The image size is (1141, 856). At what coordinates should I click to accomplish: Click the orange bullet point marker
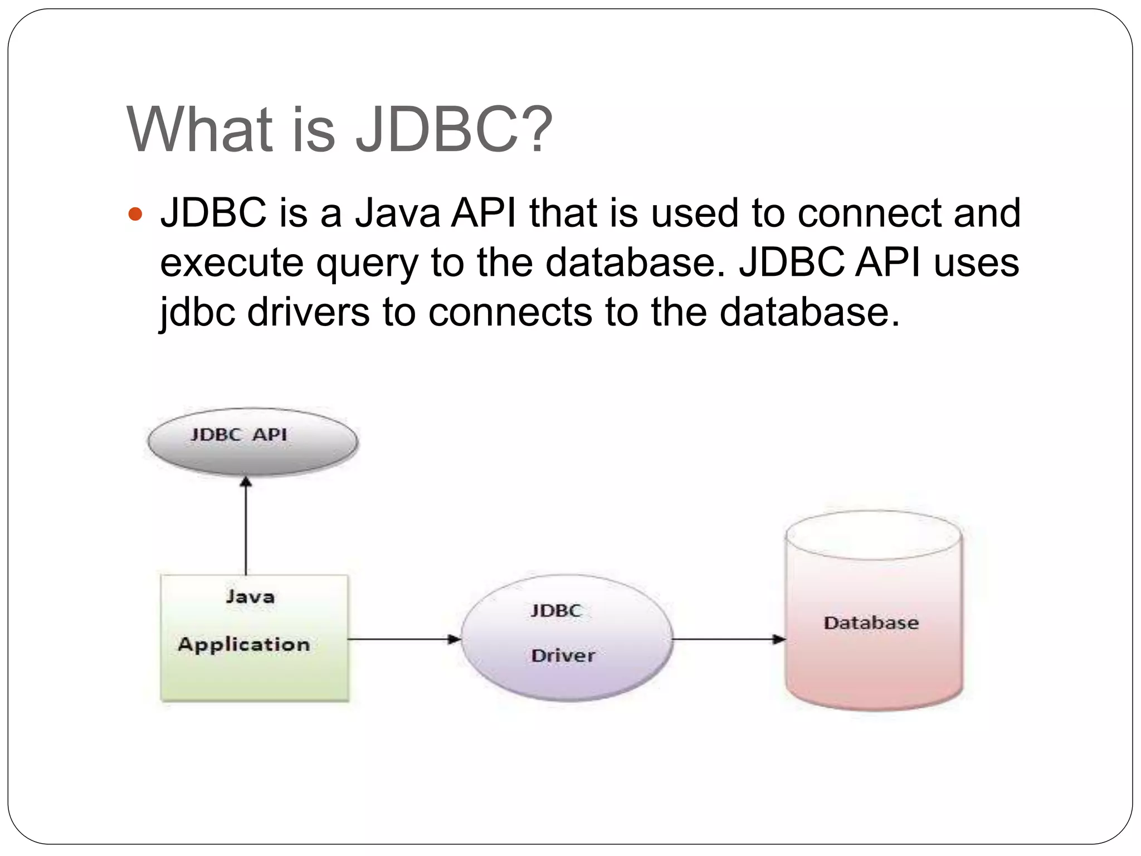click(x=135, y=214)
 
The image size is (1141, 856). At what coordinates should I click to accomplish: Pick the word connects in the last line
click(x=510, y=312)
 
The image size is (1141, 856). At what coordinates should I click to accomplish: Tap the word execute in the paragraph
click(x=231, y=264)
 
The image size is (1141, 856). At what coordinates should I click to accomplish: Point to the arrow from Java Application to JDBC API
click(x=246, y=527)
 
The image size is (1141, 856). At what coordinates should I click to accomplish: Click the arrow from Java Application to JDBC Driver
click(x=404, y=639)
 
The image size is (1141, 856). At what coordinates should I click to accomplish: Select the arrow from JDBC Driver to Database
click(x=728, y=639)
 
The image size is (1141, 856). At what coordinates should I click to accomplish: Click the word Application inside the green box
click(x=243, y=645)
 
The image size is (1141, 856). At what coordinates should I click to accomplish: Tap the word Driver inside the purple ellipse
click(x=563, y=655)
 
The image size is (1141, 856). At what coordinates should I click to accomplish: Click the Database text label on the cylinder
click(x=871, y=622)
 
